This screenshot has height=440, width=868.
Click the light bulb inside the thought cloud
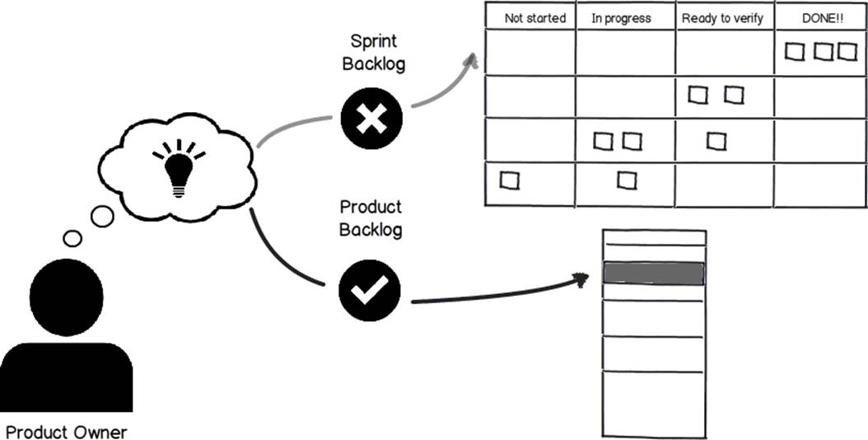pyautogui.click(x=178, y=168)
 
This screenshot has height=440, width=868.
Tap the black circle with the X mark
pyautogui.click(x=371, y=119)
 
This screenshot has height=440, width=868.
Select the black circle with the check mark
pyautogui.click(x=370, y=290)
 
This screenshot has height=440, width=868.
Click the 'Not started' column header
pyautogui.click(x=534, y=18)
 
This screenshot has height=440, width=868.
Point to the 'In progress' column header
pyautogui.click(x=621, y=18)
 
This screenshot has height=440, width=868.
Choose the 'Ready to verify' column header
pyautogui.click(x=722, y=18)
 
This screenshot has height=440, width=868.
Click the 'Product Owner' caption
pyautogui.click(x=67, y=432)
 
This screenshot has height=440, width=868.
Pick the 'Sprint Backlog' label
pyautogui.click(x=374, y=53)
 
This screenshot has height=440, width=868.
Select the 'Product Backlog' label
pyautogui.click(x=371, y=218)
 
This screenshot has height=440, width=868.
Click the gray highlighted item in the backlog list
pyautogui.click(x=653, y=274)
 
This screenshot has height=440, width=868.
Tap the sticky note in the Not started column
pyautogui.click(x=509, y=180)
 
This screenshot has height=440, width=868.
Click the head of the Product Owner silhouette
pyautogui.click(x=67, y=297)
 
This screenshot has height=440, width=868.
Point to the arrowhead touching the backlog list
pyautogui.click(x=580, y=280)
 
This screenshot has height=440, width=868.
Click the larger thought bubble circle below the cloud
pyautogui.click(x=102, y=216)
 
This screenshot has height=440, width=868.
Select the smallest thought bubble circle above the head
pyautogui.click(x=72, y=238)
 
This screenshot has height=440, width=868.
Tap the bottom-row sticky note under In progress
pyautogui.click(x=627, y=180)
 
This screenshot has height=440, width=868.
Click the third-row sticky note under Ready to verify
pyautogui.click(x=716, y=141)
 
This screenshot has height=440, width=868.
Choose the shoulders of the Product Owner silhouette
pyautogui.click(x=67, y=377)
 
